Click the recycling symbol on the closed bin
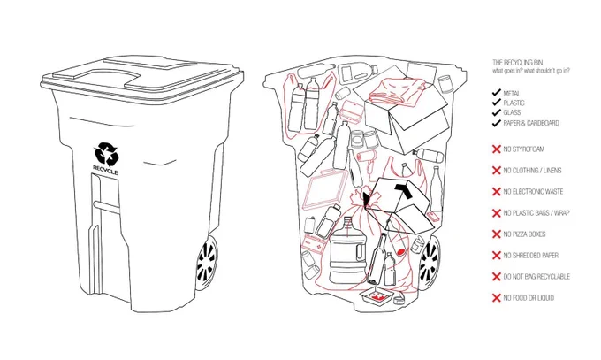point(106,153)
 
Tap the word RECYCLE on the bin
point(105,169)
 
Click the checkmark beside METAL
point(497,93)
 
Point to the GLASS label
point(512,112)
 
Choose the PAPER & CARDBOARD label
point(531,123)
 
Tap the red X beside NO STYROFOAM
point(497,149)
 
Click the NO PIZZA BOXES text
point(524,234)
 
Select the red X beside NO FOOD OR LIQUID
point(497,298)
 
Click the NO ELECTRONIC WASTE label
point(533,192)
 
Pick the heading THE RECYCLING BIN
point(517,62)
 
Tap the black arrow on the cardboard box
point(403,189)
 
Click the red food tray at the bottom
point(377,295)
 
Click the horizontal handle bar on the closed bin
point(107,205)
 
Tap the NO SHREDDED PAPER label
point(531,256)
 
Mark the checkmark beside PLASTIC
point(497,103)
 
